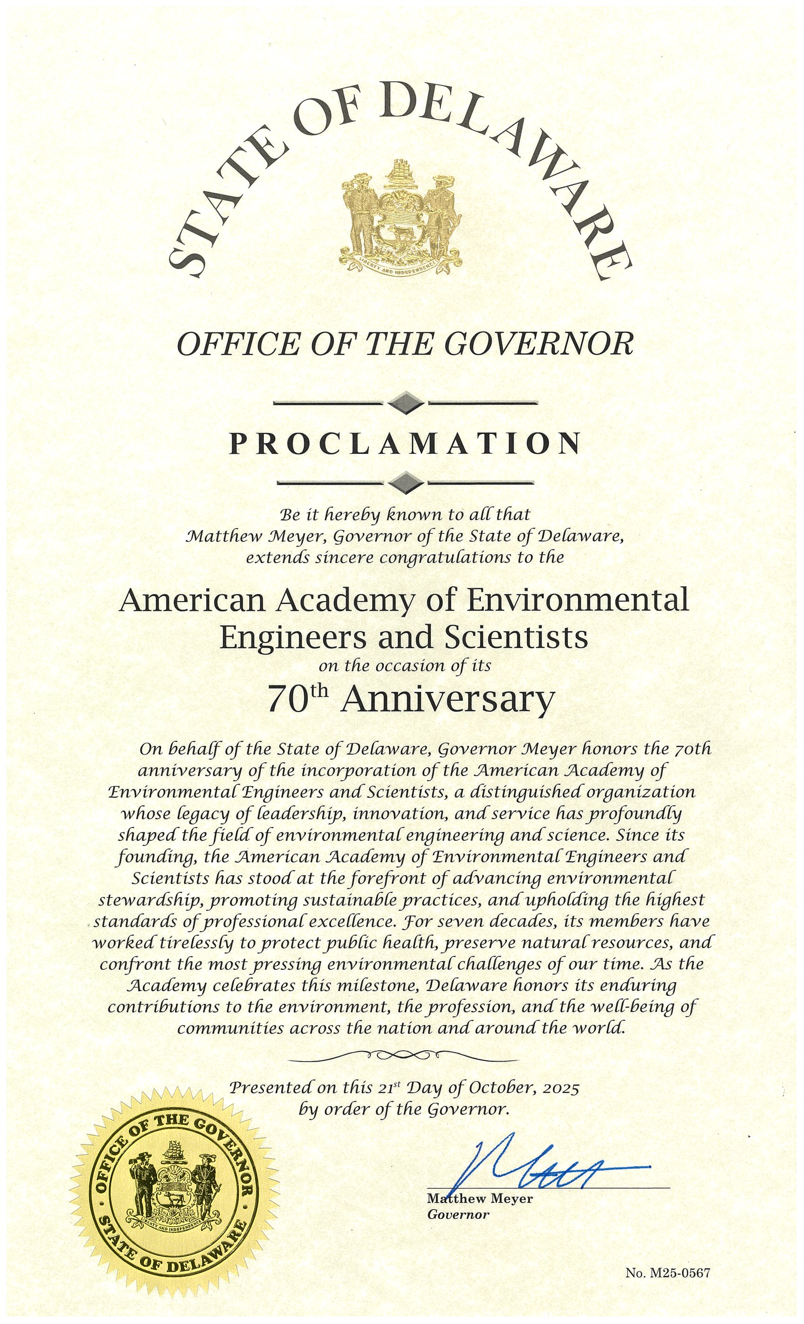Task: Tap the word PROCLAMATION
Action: coord(405,444)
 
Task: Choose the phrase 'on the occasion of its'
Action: coord(405,666)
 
